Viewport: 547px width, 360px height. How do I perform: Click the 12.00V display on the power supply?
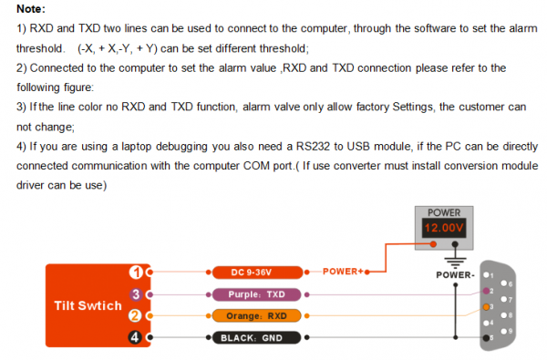point(444,228)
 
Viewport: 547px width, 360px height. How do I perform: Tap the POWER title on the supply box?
point(444,212)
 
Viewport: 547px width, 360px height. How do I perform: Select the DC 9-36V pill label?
point(257,273)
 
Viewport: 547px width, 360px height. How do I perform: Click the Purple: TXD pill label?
point(256,294)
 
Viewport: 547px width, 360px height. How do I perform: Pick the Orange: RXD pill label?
point(256,316)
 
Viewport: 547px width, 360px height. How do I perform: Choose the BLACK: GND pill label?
point(256,338)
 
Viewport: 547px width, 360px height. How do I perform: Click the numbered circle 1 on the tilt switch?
point(136,273)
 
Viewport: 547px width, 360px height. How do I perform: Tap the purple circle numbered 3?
point(136,294)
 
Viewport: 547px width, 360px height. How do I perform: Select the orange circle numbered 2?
point(135,316)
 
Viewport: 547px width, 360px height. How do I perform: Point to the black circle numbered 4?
point(135,337)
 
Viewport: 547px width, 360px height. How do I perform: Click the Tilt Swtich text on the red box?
point(88,305)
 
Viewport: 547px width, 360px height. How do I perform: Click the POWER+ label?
point(343,272)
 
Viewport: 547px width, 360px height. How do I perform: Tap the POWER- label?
point(455,275)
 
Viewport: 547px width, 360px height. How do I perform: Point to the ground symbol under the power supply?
point(455,261)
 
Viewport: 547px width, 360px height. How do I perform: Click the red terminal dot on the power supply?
point(433,244)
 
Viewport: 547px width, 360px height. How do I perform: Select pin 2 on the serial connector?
point(486,291)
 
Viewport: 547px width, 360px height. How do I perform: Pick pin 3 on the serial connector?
point(486,307)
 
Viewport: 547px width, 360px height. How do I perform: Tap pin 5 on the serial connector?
point(486,338)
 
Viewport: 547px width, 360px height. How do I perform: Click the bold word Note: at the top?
point(31,9)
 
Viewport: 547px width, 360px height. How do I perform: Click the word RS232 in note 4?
point(313,147)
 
